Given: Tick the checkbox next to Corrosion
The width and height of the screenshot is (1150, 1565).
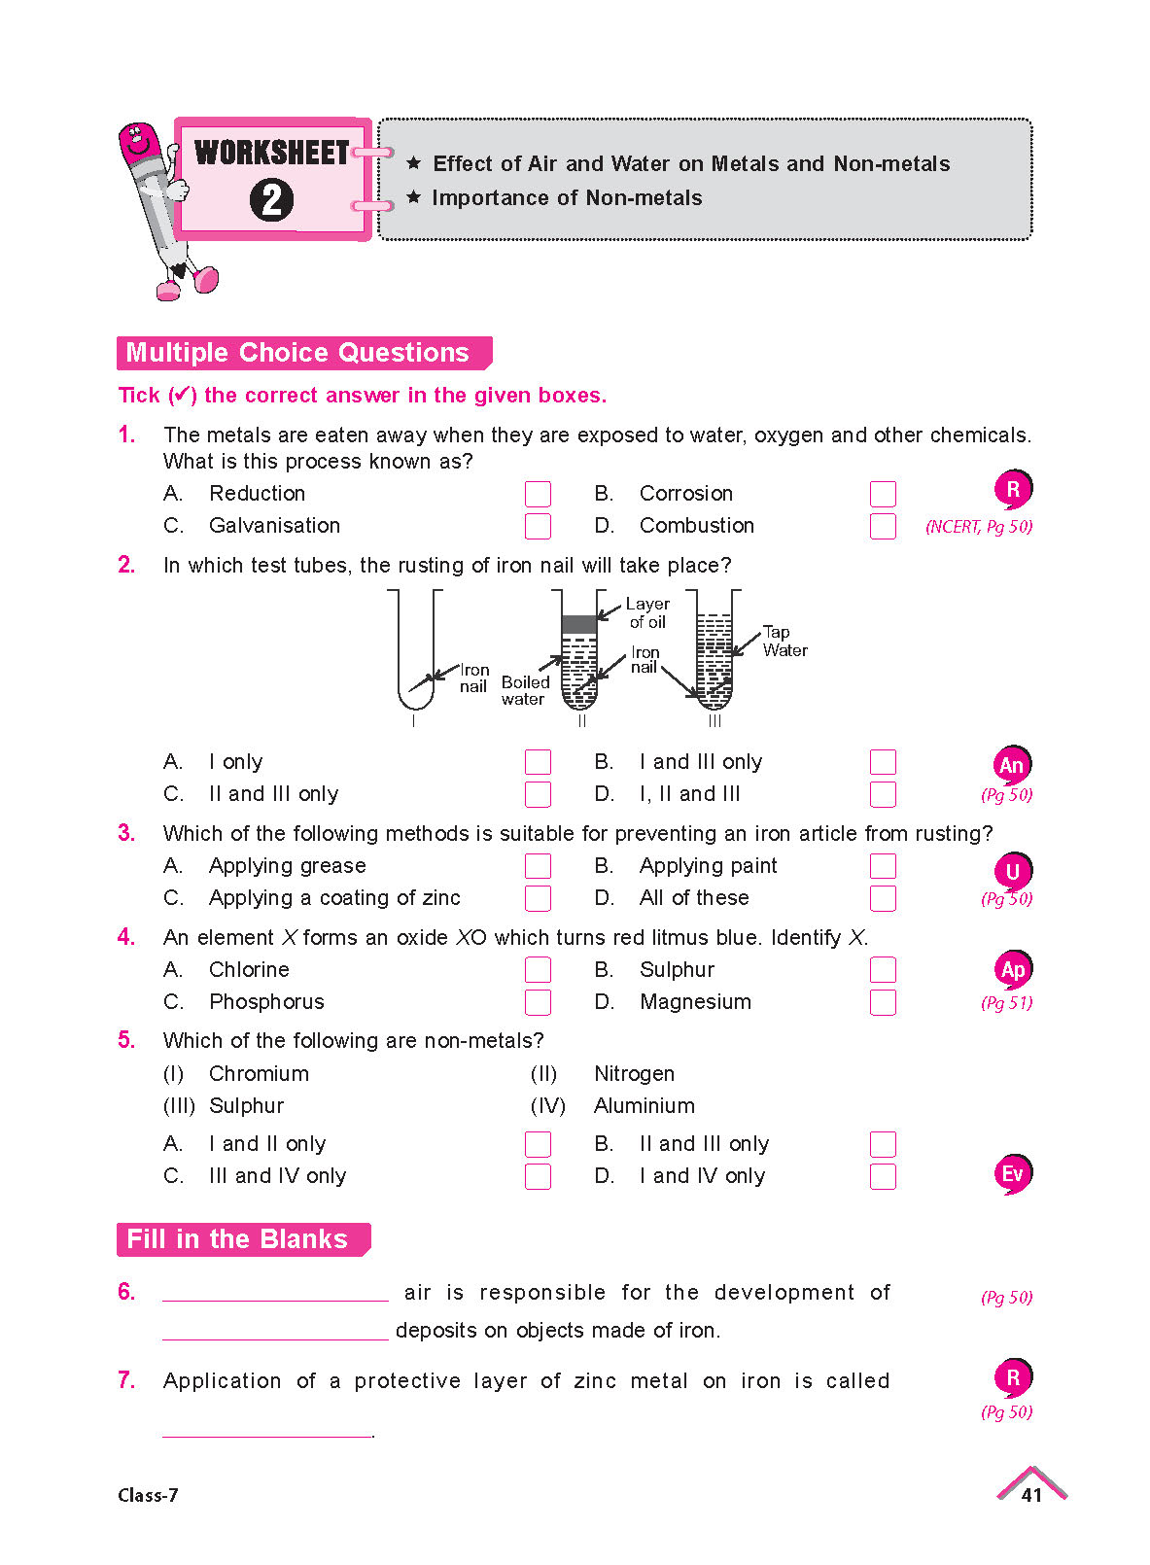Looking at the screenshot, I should [x=883, y=494].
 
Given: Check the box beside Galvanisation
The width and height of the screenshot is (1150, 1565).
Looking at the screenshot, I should [x=538, y=526].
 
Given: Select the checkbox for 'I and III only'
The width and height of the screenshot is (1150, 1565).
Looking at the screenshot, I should [x=883, y=762].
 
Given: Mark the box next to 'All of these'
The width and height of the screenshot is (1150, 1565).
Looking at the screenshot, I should [x=883, y=898].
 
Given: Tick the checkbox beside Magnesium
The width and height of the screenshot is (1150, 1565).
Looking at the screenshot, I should [x=883, y=1002].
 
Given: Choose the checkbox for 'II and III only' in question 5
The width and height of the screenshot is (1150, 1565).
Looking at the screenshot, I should [x=883, y=1144].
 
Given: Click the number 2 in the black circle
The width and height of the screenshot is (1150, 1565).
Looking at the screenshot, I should [x=271, y=200].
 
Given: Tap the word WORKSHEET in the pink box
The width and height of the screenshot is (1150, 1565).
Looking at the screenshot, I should [x=271, y=154].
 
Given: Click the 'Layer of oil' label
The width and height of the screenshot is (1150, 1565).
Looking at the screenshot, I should [x=647, y=613].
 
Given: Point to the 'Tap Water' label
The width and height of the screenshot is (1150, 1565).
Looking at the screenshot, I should [x=784, y=642].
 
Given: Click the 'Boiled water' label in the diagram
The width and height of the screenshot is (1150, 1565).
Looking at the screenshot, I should [x=525, y=690].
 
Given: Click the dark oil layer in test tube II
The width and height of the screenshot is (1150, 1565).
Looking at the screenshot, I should [x=579, y=623].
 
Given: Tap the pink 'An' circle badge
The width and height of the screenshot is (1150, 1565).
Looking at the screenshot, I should [x=1012, y=765].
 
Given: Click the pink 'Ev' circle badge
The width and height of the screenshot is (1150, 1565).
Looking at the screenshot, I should [x=1012, y=1174].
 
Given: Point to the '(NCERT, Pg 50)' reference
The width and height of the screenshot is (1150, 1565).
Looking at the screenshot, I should [x=979, y=527].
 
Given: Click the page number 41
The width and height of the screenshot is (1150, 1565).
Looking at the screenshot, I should [x=1031, y=1495].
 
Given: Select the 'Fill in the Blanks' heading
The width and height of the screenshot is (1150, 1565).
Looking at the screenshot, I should [x=238, y=1239].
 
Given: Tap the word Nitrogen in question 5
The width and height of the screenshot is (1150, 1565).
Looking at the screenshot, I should [x=634, y=1074].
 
